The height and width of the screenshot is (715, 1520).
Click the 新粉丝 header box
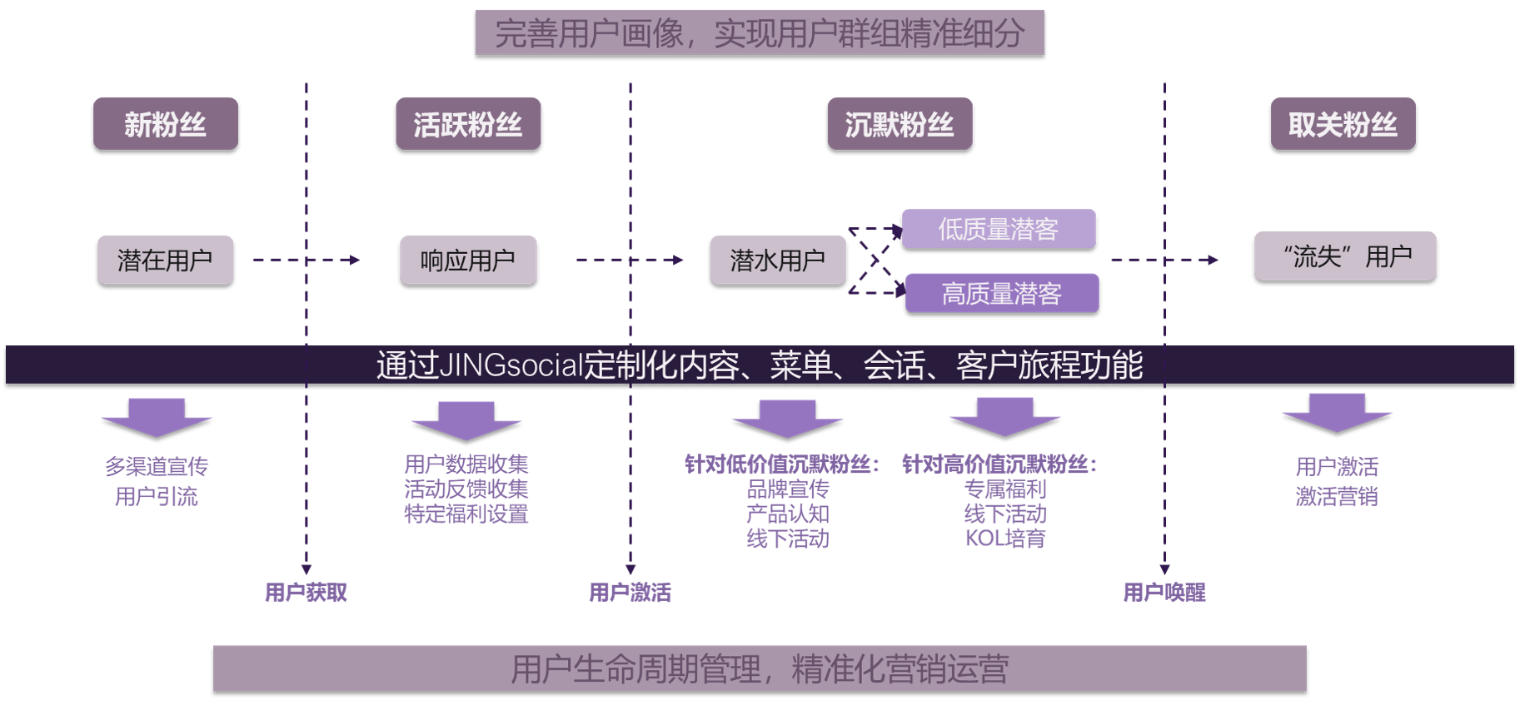click(165, 124)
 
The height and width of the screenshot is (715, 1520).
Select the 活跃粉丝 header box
click(467, 124)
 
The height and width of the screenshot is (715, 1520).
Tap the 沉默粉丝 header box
click(900, 124)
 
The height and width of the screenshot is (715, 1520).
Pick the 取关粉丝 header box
click(1343, 124)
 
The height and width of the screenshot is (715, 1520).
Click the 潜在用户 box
click(165, 260)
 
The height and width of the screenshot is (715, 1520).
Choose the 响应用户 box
click(467, 260)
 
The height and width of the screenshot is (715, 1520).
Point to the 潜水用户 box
click(777, 260)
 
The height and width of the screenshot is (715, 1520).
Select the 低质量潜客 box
click(998, 228)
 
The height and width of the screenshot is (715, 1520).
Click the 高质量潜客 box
click(1001, 293)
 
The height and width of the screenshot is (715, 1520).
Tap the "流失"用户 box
click(1345, 256)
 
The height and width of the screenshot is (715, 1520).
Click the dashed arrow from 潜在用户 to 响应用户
click(306, 260)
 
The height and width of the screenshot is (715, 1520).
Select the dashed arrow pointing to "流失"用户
click(1164, 260)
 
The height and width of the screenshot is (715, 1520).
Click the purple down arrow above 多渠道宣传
click(157, 417)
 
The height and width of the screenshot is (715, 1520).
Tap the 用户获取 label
click(306, 592)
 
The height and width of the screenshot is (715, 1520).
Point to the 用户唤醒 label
click(1164, 592)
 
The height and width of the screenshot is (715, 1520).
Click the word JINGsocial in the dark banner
click(510, 365)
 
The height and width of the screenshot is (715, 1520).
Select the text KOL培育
click(1004, 539)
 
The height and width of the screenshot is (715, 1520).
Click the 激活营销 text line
click(1337, 496)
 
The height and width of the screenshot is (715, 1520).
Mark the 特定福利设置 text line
click(466, 514)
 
